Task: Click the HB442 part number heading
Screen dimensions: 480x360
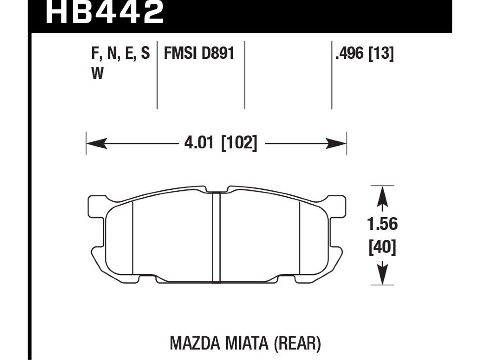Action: [x=105, y=12]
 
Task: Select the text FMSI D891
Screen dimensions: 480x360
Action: [x=199, y=53]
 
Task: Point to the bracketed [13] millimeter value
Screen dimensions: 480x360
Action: [x=381, y=54]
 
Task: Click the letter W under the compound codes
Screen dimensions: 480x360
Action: [x=97, y=74]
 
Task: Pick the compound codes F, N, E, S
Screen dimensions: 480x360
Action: [x=121, y=54]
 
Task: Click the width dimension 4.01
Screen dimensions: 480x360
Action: [x=198, y=142]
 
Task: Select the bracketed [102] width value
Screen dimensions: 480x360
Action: [x=239, y=143]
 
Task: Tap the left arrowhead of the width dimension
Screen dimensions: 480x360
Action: [x=96, y=143]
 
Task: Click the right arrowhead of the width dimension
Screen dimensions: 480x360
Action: [x=336, y=143]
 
